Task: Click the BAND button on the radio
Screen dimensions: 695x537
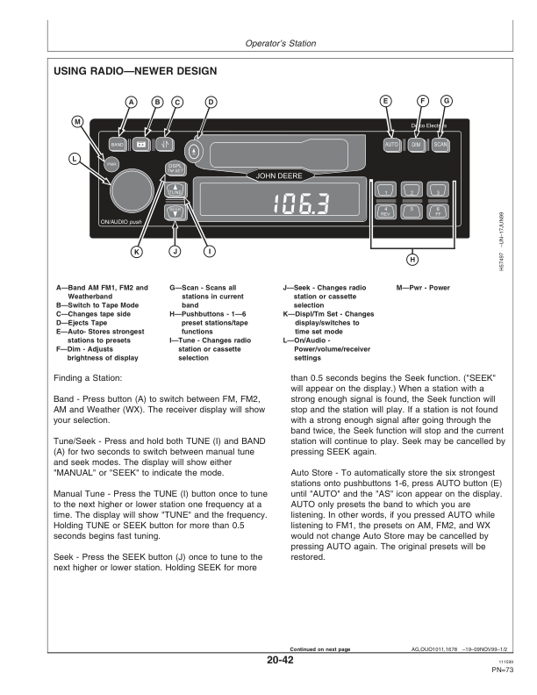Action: (118, 143)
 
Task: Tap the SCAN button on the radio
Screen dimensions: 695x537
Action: (440, 143)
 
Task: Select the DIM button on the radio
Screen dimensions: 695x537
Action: (416, 143)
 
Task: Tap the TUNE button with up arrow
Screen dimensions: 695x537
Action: (175, 190)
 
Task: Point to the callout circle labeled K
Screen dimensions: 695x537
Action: (136, 253)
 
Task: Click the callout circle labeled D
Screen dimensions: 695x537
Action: (211, 102)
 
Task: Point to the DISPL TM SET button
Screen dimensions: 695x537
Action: (175, 168)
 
